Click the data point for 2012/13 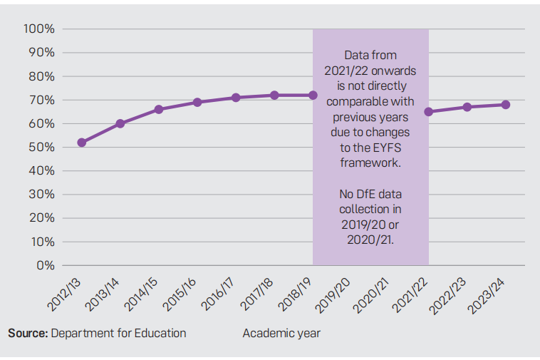[x=82, y=143]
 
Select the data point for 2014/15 [x=159, y=109]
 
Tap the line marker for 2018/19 [x=313, y=95]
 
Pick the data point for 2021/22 [x=428, y=112]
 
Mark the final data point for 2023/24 [x=505, y=105]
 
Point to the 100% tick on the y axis [x=39, y=29]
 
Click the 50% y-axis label [x=42, y=148]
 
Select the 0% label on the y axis [x=46, y=266]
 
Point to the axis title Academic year [x=281, y=333]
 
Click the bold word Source [x=27, y=333]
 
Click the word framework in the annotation [x=370, y=163]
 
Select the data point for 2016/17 [x=236, y=98]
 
